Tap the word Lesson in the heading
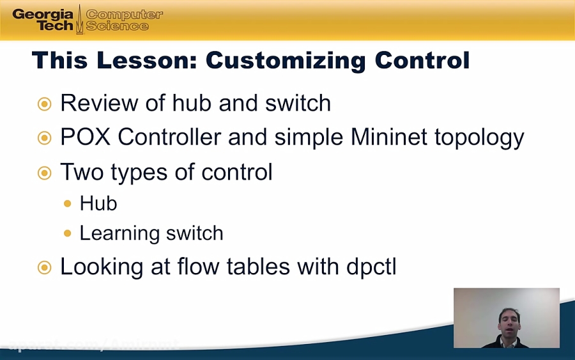click(146, 60)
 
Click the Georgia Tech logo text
click(43, 20)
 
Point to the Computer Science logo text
click(124, 20)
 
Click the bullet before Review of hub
click(44, 104)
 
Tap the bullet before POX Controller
click(44, 137)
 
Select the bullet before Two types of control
click(44, 172)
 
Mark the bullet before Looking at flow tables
click(44, 267)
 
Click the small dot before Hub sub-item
click(68, 204)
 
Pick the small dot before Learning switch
click(68, 233)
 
